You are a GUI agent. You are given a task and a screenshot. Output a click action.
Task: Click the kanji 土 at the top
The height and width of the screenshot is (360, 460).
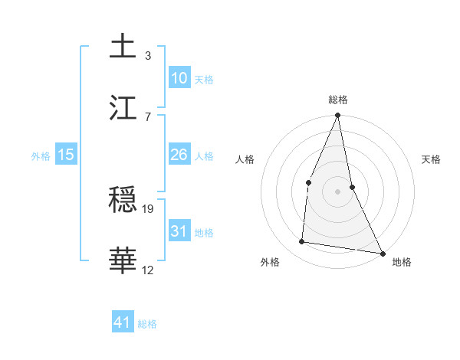coord(123,47)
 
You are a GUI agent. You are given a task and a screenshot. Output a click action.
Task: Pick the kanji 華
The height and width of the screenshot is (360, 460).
coord(123,261)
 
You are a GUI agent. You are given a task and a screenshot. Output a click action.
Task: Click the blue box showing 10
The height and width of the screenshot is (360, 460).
coord(179,78)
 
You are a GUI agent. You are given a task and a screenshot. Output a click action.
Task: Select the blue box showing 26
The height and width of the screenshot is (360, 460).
coord(179,155)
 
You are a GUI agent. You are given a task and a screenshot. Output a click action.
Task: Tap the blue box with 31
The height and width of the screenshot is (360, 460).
coord(179,231)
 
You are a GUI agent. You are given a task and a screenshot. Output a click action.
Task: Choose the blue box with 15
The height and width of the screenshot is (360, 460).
coord(66,155)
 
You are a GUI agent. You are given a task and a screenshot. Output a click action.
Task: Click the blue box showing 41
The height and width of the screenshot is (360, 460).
coord(123,322)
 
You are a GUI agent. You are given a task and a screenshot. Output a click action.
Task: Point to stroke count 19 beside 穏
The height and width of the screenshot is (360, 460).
coord(149,208)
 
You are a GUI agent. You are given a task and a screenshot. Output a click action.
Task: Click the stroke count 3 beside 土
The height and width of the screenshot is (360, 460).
coord(147,55)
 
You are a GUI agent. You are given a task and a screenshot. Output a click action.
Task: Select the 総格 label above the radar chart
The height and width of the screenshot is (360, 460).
coord(338,100)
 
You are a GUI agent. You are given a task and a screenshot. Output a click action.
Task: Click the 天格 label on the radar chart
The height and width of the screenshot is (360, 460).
coord(432,159)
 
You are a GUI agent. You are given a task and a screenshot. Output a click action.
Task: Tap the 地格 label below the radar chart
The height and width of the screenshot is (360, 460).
coord(402,262)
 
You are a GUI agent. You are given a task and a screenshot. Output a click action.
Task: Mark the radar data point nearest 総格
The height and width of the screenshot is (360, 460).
coord(337,116)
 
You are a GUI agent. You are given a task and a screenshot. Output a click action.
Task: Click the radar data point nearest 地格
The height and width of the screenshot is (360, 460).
coord(382,253)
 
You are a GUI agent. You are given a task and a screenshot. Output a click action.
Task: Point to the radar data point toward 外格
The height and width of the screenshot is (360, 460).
coord(302,242)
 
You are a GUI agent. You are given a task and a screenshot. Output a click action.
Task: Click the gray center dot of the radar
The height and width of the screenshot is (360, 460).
coord(337,191)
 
